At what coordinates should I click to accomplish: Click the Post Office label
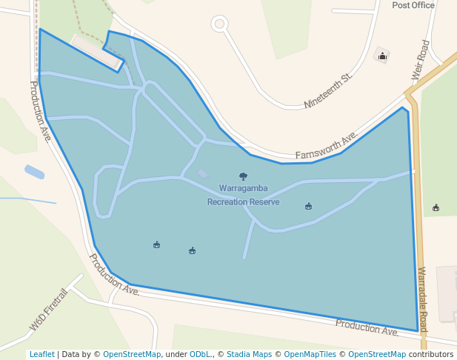point(413,5)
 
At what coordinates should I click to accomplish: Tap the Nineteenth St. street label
point(327,91)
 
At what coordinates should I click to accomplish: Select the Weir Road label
point(420,59)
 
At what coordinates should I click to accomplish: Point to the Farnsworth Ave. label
point(327,145)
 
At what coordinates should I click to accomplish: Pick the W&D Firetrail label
point(49,309)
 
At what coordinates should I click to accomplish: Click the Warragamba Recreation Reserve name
point(243,195)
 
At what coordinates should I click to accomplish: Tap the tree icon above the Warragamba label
point(243,176)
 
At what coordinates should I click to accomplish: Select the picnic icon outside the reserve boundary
point(436,208)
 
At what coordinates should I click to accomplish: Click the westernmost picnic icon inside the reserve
point(156,244)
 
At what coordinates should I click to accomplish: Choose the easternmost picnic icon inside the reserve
point(308,206)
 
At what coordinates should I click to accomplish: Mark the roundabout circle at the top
point(219,24)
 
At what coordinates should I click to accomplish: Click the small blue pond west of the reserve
point(34,172)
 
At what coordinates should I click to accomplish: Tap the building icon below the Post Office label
point(383,56)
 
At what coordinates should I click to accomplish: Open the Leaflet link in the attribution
point(41,354)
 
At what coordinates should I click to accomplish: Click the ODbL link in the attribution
point(200,354)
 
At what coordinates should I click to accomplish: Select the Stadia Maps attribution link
point(249,354)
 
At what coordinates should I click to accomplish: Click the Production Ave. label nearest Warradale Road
point(367,327)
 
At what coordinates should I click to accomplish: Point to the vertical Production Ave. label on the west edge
point(41,111)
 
